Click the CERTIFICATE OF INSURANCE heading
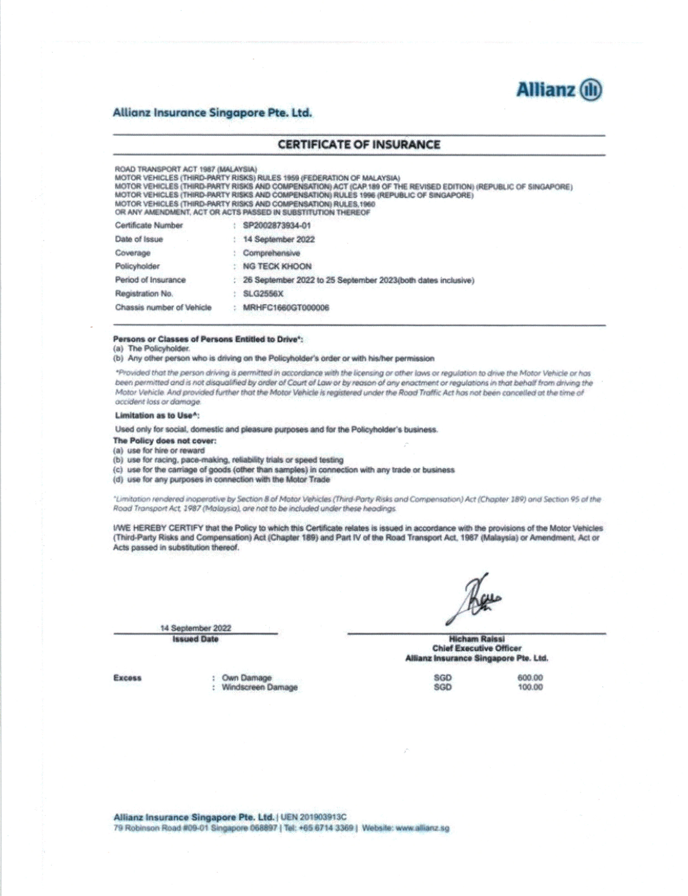359,145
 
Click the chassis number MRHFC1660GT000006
286,307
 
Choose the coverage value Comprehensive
271,253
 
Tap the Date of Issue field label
139,239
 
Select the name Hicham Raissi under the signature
477,639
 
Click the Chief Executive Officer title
477,648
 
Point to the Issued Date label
195,639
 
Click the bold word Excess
127,678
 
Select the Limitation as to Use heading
157,416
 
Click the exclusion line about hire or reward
166,450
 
